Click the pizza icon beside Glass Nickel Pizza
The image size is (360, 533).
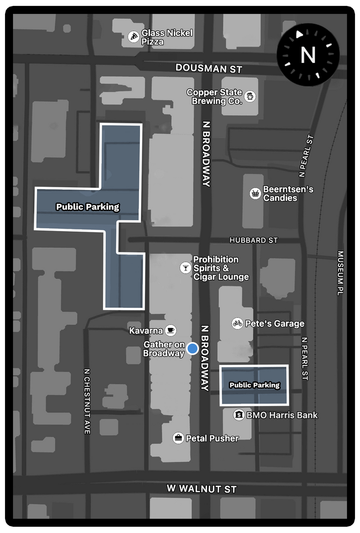(134, 37)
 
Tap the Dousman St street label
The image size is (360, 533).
(209, 68)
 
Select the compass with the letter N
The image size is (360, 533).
(308, 55)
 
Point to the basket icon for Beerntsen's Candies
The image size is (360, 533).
(255, 194)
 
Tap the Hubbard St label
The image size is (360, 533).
(253, 240)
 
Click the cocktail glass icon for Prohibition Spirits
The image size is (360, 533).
(185, 267)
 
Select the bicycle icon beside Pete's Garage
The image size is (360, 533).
(238, 323)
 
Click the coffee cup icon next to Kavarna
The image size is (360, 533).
(170, 330)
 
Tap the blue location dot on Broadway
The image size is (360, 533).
(193, 348)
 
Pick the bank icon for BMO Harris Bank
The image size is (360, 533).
(239, 415)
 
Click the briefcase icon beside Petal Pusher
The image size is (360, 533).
(179, 438)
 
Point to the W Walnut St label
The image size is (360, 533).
(202, 488)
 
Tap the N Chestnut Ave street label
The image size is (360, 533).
(87, 402)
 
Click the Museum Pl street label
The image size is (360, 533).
(341, 273)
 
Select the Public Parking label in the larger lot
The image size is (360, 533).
(88, 207)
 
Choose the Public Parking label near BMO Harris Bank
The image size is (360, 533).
(254, 385)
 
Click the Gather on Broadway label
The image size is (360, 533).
(164, 349)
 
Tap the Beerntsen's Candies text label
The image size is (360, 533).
(288, 194)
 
